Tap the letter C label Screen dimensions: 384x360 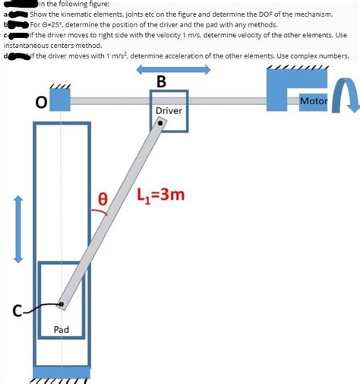coord(16,309)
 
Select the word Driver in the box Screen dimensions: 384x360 coord(168,110)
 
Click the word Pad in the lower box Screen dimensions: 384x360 coord(62,329)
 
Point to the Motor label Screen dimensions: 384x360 coord(314,100)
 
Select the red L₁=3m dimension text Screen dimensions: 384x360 coord(161,195)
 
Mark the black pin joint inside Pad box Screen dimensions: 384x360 coord(62,304)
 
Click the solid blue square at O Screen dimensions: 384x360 coord(61,100)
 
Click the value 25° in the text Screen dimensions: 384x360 coord(59,24)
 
